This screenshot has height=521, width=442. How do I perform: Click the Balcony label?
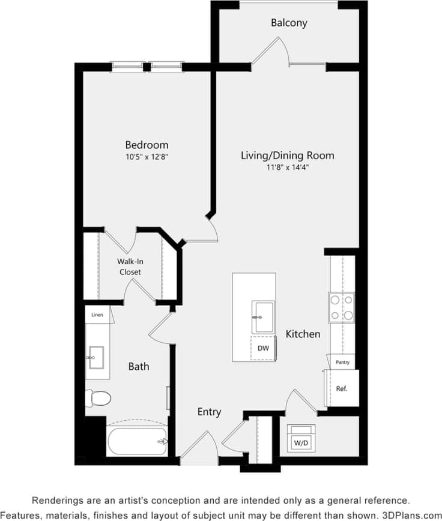coord(289,23)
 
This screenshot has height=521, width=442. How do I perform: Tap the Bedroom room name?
coord(147,145)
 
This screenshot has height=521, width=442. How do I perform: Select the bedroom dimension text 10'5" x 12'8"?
coord(147,157)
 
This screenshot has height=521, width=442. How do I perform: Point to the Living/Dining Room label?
coord(287,155)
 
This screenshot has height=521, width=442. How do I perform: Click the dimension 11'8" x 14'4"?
coord(287,167)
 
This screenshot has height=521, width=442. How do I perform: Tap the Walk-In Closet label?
coord(130,267)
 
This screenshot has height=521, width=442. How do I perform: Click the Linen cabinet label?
coord(96,315)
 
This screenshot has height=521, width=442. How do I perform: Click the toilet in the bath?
coord(98,397)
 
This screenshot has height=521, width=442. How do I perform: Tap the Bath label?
coord(139,366)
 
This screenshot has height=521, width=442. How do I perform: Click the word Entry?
coord(209,412)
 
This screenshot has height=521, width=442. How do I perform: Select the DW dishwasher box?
coord(262,348)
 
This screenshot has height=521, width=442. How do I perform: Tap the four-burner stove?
coord(341,307)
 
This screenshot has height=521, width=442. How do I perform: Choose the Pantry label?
coord(342,363)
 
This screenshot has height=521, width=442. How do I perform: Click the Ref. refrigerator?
coord(342,388)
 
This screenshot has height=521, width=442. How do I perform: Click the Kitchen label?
coord(303,334)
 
